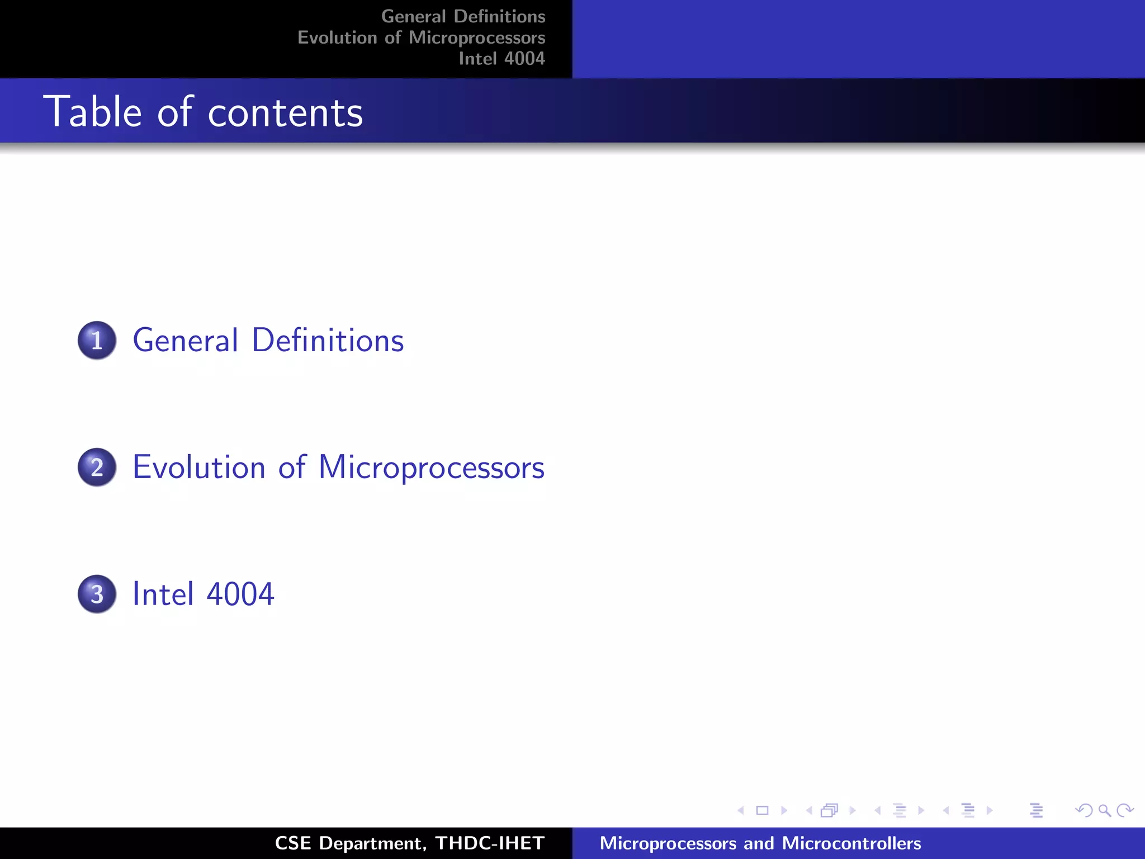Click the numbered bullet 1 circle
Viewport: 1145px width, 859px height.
pos(97,340)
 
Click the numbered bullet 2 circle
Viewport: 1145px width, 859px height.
pos(97,467)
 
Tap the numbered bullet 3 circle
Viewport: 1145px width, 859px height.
pos(97,594)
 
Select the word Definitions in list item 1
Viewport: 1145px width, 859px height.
pos(328,340)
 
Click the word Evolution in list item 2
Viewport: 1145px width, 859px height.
pos(198,467)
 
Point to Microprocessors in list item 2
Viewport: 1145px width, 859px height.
pos(431,468)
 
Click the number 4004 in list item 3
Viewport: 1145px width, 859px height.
pos(240,594)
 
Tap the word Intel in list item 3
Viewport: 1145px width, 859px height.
pos(163,594)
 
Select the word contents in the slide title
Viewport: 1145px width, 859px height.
pos(285,113)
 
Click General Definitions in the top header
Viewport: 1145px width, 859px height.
pos(463,16)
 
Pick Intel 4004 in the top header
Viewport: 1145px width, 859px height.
pos(501,59)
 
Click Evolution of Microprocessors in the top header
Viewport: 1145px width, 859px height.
pos(421,37)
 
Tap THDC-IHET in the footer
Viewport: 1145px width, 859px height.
pos(490,843)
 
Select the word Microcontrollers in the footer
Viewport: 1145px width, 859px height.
pos(851,843)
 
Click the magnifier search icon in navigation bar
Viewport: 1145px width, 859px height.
pos(1104,810)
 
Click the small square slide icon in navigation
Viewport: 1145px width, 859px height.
pos(762,810)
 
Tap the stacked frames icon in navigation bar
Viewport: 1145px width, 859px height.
pos(830,810)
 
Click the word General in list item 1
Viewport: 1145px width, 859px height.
pos(186,340)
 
